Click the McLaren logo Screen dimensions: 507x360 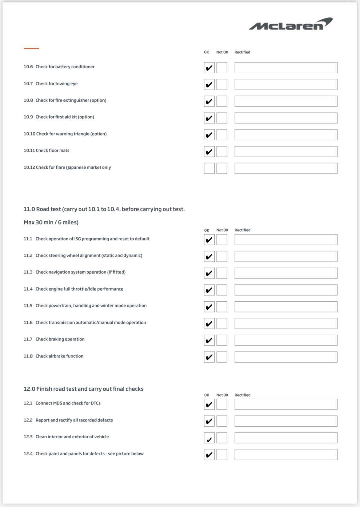point(290,24)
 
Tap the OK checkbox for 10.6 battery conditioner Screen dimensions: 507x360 point(209,68)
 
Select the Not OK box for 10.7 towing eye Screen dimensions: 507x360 point(222,84)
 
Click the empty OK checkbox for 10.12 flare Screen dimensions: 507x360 point(209,168)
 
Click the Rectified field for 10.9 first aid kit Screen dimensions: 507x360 point(286,118)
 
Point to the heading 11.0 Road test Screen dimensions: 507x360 point(104,209)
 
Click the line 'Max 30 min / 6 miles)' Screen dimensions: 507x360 point(51,222)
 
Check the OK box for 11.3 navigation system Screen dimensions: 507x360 point(209,273)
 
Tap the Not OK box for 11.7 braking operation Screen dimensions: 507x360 point(222,340)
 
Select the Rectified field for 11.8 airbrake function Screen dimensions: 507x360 point(286,357)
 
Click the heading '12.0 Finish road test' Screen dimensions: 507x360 point(83,389)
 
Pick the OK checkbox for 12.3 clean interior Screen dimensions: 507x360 point(209,438)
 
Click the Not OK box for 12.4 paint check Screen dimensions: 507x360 point(222,454)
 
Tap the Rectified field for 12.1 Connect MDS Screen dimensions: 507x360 point(286,404)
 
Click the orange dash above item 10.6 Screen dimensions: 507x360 point(31,48)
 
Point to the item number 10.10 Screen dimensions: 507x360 point(29,134)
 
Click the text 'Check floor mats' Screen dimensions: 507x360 point(52,151)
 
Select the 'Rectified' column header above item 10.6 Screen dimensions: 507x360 point(242,52)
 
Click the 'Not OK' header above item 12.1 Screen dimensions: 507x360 point(222,395)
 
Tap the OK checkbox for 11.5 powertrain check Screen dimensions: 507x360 point(209,307)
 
